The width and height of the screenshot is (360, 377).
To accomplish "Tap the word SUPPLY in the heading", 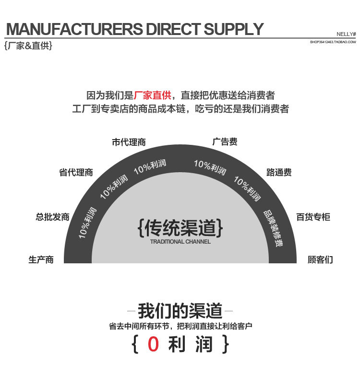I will [234, 29].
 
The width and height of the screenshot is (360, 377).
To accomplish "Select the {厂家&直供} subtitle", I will [28, 47].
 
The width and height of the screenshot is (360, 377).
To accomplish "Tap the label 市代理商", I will [129, 142].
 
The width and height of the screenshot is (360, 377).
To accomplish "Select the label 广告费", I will [225, 142].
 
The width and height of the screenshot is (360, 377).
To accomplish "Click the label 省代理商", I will [76, 173].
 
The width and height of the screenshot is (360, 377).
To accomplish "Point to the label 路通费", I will [279, 173].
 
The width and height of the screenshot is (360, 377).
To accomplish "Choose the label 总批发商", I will [52, 217].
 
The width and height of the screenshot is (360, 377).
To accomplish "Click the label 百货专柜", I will [313, 217].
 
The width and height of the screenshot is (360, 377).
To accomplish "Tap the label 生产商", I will [41, 260].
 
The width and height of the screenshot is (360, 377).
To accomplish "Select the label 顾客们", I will [320, 260].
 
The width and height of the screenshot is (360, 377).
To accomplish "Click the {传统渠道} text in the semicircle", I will [180, 227].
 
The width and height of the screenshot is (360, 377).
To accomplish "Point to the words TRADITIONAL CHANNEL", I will [180, 242].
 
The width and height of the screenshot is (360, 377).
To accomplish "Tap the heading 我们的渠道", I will [180, 311].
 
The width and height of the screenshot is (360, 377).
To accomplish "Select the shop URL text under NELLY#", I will [333, 42].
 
